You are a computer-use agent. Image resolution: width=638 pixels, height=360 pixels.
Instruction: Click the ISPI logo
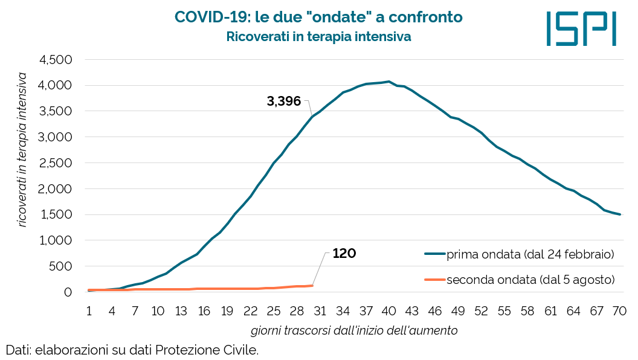point(581,28)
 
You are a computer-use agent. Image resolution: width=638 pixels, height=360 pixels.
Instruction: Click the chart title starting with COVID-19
point(319,18)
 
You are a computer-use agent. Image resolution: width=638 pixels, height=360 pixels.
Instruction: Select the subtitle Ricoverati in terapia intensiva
point(319,36)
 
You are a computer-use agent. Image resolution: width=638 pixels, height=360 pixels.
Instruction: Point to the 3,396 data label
point(284,101)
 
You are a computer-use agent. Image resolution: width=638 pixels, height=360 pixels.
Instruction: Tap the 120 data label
point(344,254)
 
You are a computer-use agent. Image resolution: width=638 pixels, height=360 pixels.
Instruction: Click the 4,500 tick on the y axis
point(56,60)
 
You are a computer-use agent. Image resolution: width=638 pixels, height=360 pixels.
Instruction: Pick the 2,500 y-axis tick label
point(56,163)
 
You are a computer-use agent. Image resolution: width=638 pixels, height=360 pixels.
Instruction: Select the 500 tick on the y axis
point(60,266)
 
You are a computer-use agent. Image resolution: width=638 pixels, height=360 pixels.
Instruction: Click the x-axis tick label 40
point(388,311)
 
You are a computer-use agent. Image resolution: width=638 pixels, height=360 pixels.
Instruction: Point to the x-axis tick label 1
point(89,311)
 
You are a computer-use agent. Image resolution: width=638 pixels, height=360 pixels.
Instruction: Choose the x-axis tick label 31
point(320,311)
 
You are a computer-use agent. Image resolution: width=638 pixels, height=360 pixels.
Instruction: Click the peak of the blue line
point(388,82)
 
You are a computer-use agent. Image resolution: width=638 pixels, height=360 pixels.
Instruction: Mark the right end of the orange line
point(312,286)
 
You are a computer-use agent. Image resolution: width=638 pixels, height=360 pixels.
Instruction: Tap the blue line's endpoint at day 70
point(620,214)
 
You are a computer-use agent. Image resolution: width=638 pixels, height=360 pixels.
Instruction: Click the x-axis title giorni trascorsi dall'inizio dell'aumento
point(354,330)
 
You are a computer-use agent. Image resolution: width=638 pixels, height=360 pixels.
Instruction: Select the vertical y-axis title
point(22,149)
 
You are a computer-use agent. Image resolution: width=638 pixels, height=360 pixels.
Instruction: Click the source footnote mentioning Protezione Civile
point(132,350)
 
